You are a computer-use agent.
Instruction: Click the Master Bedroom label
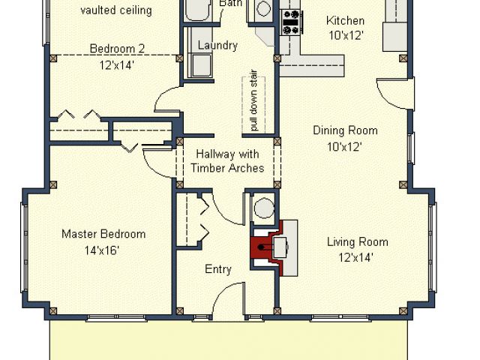click(103, 234)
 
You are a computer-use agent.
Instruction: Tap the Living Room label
click(358, 242)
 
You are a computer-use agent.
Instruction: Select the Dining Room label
click(345, 130)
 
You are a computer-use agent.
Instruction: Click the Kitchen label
click(345, 21)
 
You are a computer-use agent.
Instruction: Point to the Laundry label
click(217, 45)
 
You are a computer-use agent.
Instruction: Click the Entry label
click(218, 269)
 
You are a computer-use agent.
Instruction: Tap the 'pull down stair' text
click(253, 100)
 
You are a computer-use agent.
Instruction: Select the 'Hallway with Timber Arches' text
click(227, 160)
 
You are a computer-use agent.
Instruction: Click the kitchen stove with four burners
click(291, 22)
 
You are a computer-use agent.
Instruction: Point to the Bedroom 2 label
click(117, 48)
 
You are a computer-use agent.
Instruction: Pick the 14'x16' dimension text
click(102, 250)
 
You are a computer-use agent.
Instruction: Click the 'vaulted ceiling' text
click(116, 10)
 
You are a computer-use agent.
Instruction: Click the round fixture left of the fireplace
click(264, 208)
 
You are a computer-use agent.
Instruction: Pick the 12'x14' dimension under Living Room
click(355, 258)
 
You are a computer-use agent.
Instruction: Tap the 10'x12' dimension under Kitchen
click(346, 36)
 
